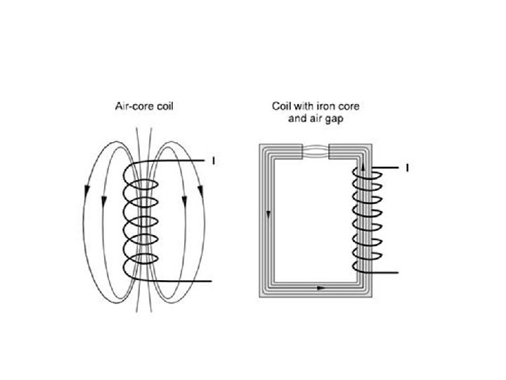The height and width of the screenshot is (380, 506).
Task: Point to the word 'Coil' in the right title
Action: click(x=282, y=107)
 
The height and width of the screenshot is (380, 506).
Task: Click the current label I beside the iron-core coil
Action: click(x=407, y=167)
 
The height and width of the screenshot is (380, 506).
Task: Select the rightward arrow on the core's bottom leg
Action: click(x=321, y=288)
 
